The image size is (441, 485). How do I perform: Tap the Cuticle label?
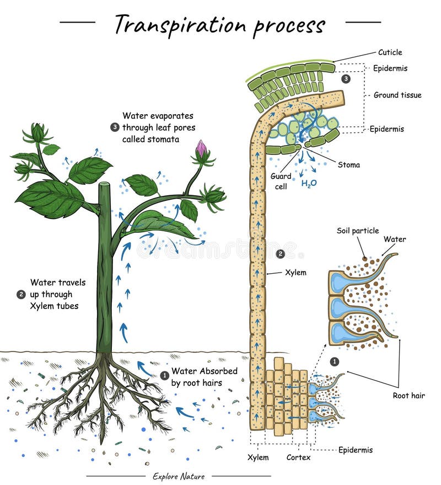pyautogui.click(x=390, y=52)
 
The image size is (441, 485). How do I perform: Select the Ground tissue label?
pyautogui.click(x=397, y=95)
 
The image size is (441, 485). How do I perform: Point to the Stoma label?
pyautogui.click(x=348, y=164)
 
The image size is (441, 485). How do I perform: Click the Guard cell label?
pyautogui.click(x=281, y=180)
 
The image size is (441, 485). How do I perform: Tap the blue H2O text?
pyautogui.click(x=309, y=184)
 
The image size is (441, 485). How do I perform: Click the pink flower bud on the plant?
pyautogui.click(x=201, y=147)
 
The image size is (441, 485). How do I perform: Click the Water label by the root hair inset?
pyautogui.click(x=394, y=239)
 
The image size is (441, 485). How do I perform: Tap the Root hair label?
pyautogui.click(x=408, y=395)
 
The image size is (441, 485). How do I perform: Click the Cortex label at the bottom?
pyautogui.click(x=298, y=457)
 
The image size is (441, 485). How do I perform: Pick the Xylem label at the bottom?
pyautogui.click(x=258, y=457)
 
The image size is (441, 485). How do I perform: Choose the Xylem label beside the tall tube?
pyautogui.click(x=295, y=273)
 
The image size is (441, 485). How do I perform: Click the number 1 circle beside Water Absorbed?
pyautogui.click(x=164, y=375)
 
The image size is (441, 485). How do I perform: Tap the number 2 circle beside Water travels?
pyautogui.click(x=21, y=294)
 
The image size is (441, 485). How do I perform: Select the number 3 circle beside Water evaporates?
pyautogui.click(x=114, y=127)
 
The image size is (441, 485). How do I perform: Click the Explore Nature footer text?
pyautogui.click(x=178, y=476)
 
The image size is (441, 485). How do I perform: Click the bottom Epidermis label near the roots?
pyautogui.click(x=355, y=450)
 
